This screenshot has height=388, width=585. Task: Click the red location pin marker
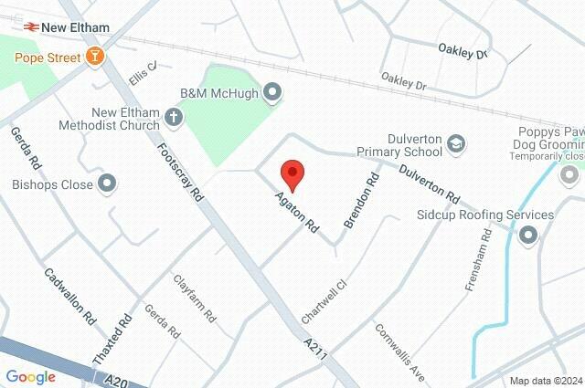coord(292,173)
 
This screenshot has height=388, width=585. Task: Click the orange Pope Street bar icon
coord(94,58)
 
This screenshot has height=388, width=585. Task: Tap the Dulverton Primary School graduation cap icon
coord(457,143)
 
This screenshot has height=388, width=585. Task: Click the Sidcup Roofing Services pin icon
coord(528,236)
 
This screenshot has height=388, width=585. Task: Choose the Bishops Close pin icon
coord(108,184)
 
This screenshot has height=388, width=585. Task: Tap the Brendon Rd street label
coord(361,201)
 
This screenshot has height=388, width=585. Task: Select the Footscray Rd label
coord(180,172)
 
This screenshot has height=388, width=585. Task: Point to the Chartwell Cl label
coord(325,300)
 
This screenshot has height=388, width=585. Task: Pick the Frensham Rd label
coord(480,259)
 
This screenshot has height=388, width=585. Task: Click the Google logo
coord(31,376)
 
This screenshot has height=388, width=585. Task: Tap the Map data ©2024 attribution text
coord(545,381)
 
